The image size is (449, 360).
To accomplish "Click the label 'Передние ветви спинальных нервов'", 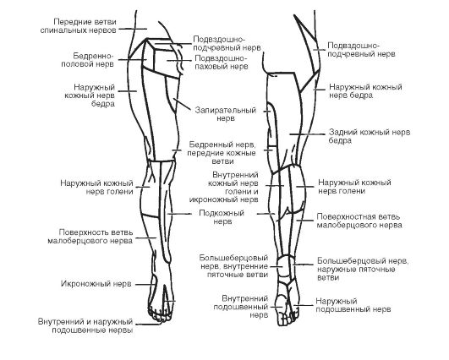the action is (78, 26).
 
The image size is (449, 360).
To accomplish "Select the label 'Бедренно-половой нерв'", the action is (88, 60).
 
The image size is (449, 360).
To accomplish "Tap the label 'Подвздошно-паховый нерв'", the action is (221, 62).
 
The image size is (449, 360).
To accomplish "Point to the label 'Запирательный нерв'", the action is (226, 114).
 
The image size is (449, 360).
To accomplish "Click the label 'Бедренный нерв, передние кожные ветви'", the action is (222, 152).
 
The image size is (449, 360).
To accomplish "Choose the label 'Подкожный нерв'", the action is (222, 217).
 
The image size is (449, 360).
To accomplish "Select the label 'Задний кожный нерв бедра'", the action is (370, 136).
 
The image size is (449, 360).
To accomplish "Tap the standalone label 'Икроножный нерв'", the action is (96, 284).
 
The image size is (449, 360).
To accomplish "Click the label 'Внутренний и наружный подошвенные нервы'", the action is (85, 325).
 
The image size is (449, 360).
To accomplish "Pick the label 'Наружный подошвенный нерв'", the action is (353, 305).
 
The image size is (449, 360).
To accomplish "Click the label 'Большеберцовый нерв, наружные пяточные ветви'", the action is (363, 269).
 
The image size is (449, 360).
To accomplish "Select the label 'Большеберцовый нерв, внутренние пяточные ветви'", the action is (233, 266).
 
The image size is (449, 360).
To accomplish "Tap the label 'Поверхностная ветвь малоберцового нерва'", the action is (359, 221).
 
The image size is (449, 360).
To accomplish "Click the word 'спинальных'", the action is (64, 30).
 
